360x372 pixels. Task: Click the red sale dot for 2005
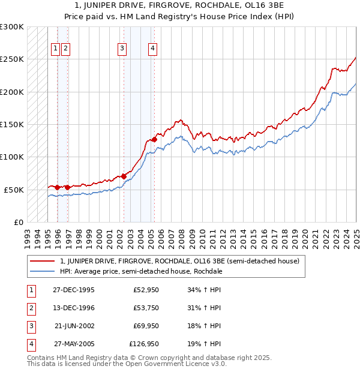[154, 139]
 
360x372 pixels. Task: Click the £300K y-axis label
[12, 27]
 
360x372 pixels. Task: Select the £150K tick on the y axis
[12, 124]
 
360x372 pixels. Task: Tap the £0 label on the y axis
[18, 222]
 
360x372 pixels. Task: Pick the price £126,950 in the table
[145, 344]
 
